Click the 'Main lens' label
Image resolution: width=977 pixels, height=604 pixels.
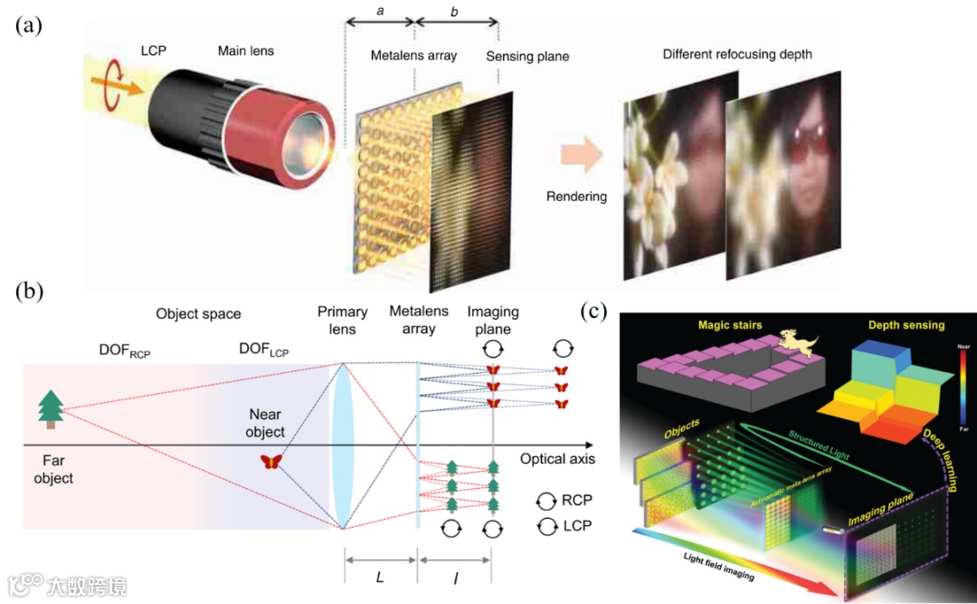tap(245, 51)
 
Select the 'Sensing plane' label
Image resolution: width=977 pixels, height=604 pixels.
tap(527, 56)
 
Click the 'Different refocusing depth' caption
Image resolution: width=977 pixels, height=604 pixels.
tap(737, 54)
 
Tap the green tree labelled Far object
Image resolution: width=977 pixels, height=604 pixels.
tap(49, 408)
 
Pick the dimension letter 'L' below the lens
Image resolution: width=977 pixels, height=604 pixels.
tap(380, 577)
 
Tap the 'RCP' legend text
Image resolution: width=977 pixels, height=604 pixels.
tap(577, 500)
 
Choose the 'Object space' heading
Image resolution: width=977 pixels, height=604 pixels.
tap(198, 314)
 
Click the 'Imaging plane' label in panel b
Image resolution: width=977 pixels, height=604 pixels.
tap(493, 321)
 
